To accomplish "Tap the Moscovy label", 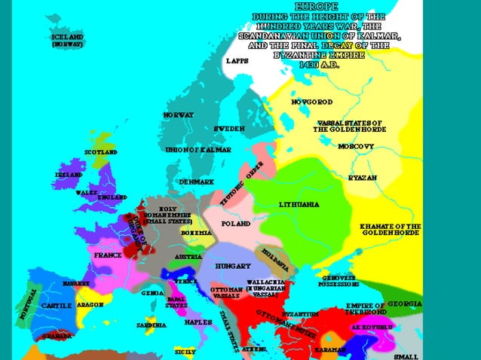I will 356,146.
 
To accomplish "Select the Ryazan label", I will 363,178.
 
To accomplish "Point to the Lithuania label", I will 299,205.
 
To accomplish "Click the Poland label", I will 236,224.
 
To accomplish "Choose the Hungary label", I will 233,267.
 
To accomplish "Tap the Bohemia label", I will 196,233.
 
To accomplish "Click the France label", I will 108,255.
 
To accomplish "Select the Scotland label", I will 101,153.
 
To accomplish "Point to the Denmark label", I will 197,182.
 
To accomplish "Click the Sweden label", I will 229,129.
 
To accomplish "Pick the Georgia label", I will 405,304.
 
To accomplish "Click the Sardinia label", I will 152,325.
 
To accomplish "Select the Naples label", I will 198,322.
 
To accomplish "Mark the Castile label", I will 57,306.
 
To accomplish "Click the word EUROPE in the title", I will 317,5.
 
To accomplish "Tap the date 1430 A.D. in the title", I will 319,65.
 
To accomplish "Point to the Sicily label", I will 185,352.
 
